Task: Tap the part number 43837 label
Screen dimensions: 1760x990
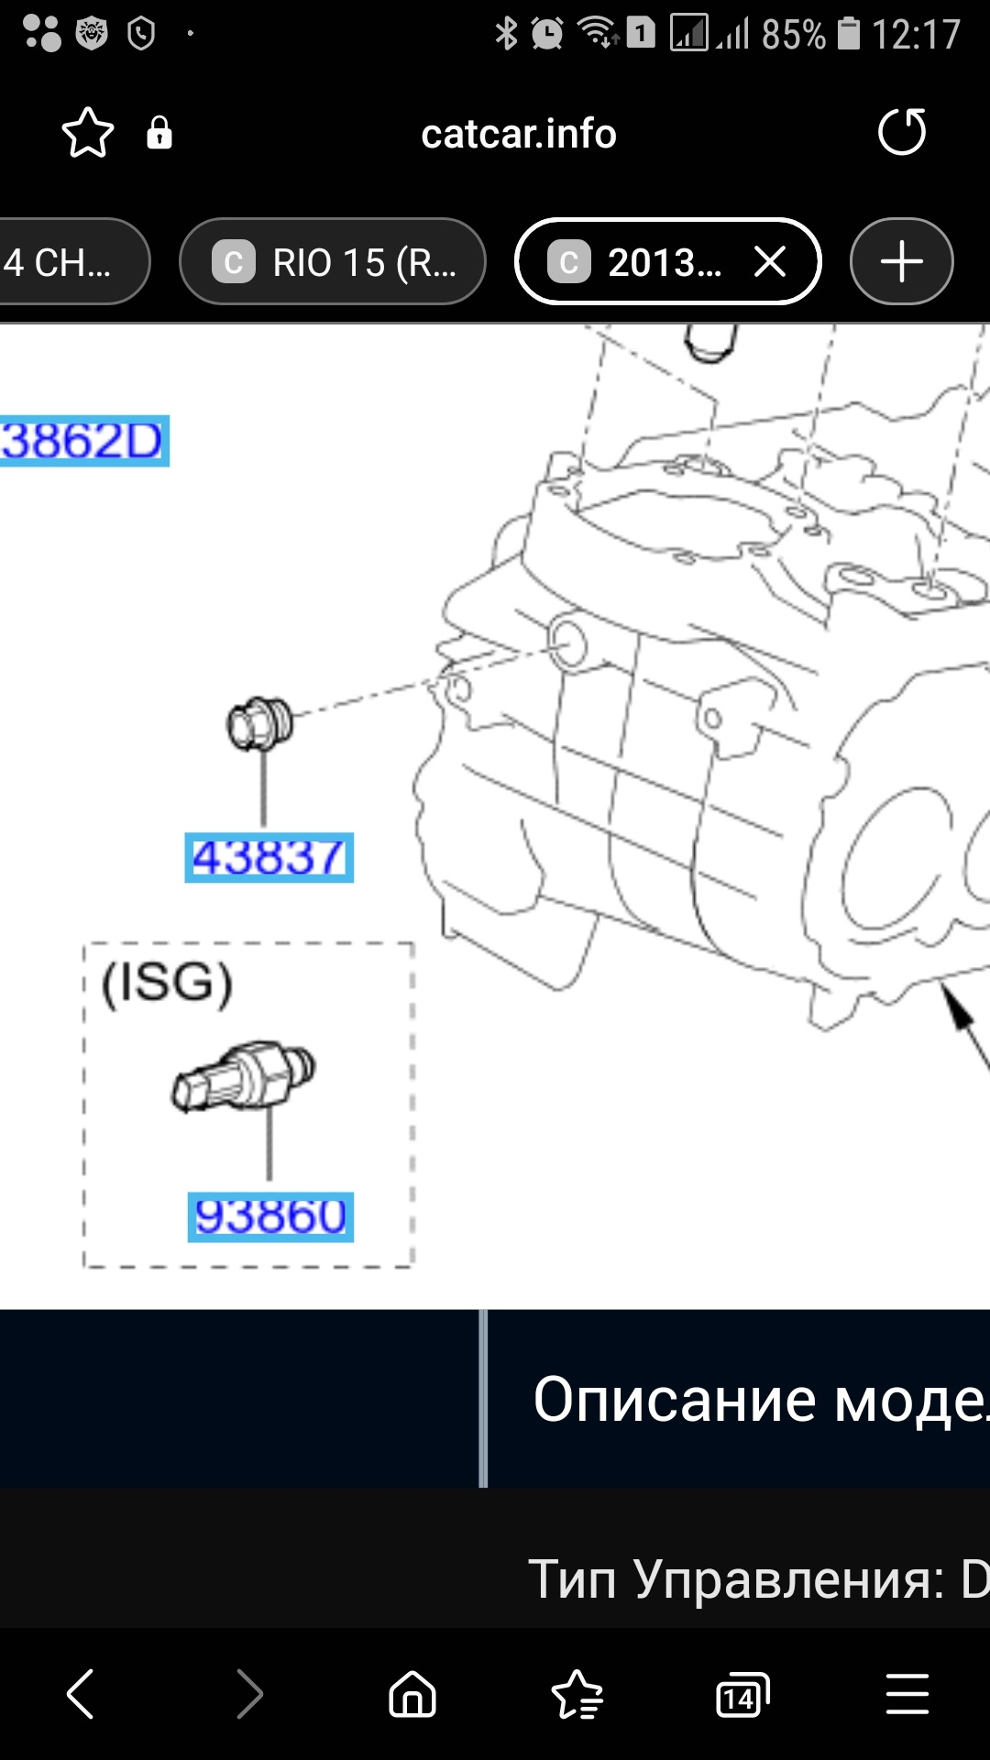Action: (x=269, y=858)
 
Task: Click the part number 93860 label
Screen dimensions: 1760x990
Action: (x=270, y=1217)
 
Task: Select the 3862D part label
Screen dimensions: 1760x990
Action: (x=82, y=441)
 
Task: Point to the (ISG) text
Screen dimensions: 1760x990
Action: (x=167, y=984)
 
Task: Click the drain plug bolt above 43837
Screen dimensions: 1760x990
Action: (x=260, y=723)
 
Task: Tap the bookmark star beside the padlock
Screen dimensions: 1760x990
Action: (x=88, y=134)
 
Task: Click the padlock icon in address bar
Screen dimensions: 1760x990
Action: (x=159, y=134)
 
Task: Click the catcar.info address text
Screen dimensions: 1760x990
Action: (x=519, y=134)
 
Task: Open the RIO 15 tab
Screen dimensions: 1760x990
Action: (x=333, y=263)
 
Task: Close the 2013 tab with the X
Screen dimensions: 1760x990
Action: (x=770, y=262)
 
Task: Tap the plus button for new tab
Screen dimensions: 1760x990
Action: (x=901, y=262)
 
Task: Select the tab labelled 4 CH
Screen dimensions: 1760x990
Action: (x=64, y=263)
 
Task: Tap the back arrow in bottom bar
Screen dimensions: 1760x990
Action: (x=81, y=1693)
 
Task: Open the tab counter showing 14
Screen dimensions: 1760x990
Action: (x=742, y=1695)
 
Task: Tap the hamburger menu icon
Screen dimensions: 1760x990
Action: (x=907, y=1694)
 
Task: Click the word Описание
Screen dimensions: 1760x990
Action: (x=675, y=1400)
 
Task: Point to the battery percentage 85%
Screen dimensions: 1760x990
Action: (x=793, y=35)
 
